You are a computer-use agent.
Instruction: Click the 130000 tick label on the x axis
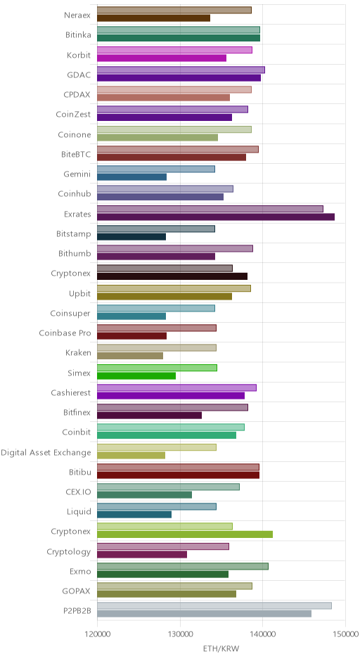180,634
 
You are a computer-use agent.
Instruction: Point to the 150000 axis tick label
346,634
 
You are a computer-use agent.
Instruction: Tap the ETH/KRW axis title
221,648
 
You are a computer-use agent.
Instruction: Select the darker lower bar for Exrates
216,217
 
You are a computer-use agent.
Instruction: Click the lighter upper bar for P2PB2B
214,605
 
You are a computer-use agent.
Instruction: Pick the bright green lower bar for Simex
136,376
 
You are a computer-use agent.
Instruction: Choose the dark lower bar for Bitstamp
131,236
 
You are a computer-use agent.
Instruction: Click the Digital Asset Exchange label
46,452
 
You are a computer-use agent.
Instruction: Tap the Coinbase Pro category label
65,333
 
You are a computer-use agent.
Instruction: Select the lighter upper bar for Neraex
174,10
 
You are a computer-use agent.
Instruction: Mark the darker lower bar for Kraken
130,356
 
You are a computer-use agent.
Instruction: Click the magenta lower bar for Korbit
162,58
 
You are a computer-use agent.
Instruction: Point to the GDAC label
79,75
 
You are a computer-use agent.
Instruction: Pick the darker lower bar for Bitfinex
150,415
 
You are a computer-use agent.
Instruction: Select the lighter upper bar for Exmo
183,566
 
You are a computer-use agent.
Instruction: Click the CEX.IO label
79,492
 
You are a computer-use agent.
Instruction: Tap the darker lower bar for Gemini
132,177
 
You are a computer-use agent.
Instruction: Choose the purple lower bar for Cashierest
171,395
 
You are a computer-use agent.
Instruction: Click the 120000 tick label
97,634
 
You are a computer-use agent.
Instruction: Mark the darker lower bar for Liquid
134,514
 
